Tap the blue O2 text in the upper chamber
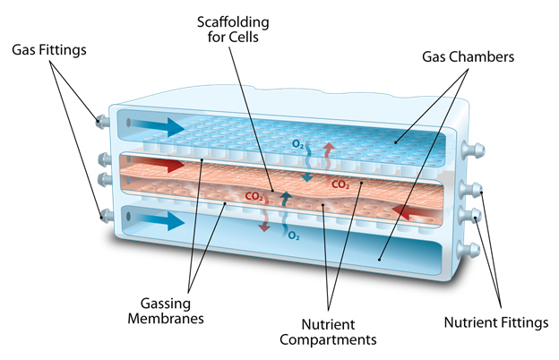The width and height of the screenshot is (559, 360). [298, 143]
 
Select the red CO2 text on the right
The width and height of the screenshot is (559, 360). [340, 185]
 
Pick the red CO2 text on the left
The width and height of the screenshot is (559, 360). [254, 195]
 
